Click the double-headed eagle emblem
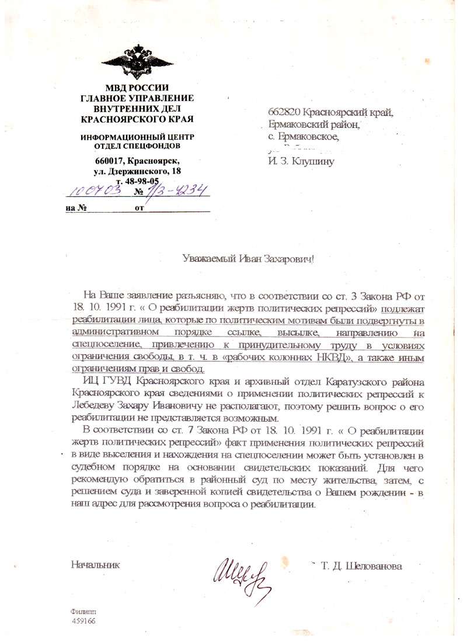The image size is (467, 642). click(x=137, y=60)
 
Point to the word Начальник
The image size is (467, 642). click(x=95, y=565)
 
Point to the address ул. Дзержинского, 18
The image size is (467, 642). click(x=138, y=171)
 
